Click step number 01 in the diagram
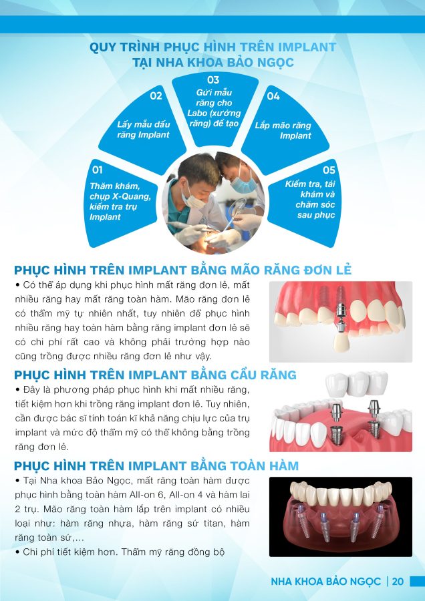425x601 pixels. (98, 170)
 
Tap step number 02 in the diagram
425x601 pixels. (156, 95)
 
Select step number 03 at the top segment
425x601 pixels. (213, 79)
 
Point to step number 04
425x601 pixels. (273, 96)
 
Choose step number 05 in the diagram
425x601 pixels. (329, 170)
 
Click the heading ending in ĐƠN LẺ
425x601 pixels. (182, 270)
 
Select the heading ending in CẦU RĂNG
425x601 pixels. (155, 375)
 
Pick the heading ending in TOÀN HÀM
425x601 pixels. (156, 465)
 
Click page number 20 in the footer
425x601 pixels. (398, 582)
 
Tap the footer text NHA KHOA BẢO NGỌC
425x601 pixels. (325, 582)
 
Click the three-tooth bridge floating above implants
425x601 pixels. (356, 385)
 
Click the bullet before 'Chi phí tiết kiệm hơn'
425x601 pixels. (17, 552)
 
